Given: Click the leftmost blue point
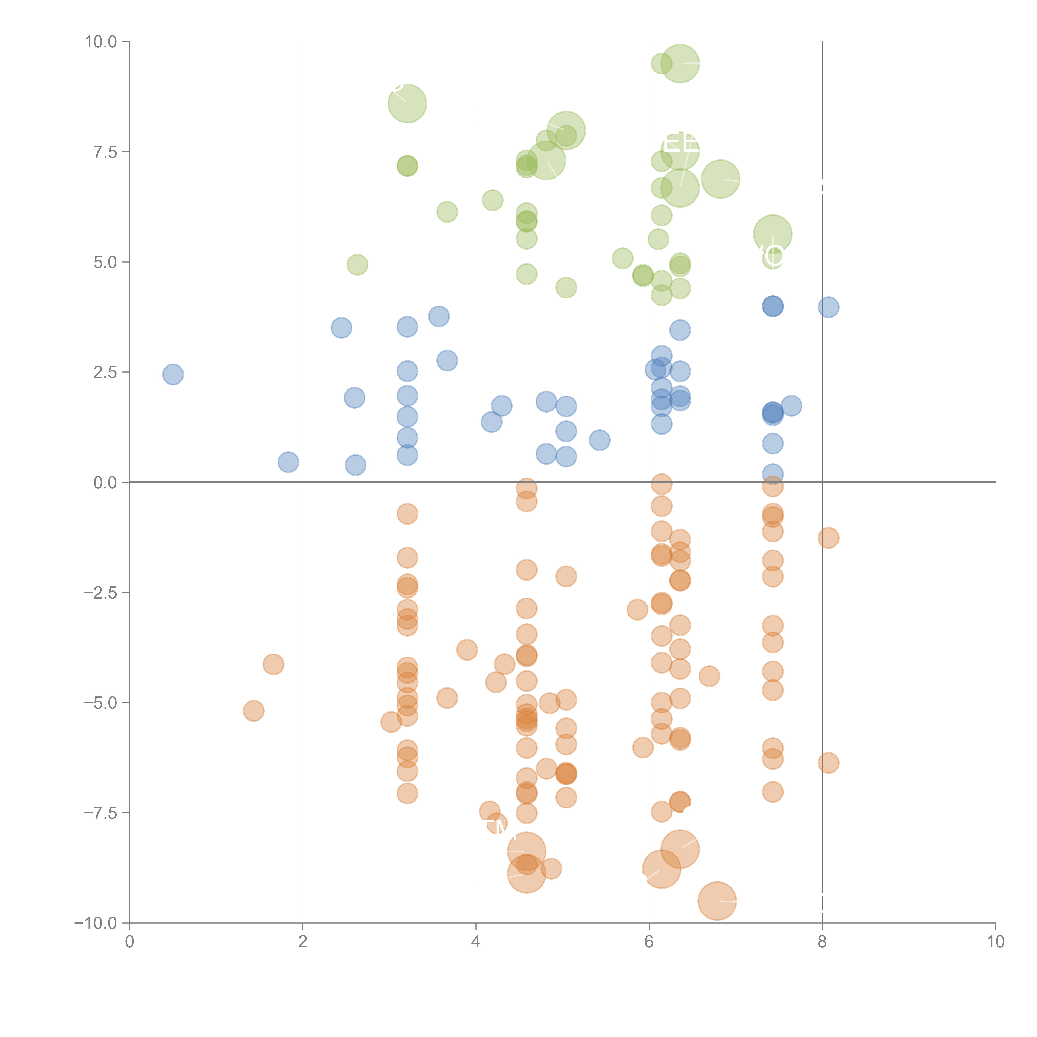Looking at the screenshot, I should [173, 374].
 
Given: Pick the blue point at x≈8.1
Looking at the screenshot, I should [828, 307].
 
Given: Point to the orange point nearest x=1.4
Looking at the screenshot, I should [253, 711].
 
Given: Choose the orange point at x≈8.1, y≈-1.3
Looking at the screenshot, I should [828, 538].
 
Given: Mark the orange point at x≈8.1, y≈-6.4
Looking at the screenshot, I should [828, 763].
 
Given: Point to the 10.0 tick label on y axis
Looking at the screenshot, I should [101, 42].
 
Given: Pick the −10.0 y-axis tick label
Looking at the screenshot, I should [97, 923].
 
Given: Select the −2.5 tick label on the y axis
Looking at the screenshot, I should [101, 593].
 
